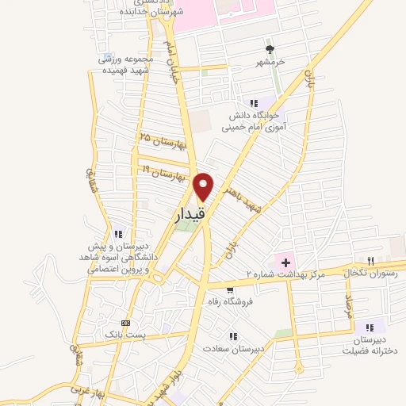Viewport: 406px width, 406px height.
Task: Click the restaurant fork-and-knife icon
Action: [x=370, y=260]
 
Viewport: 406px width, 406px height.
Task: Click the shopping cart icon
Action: [x=230, y=289]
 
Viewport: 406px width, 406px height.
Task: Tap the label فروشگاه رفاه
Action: [x=245, y=302]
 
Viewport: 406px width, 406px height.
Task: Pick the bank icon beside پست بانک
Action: [x=125, y=323]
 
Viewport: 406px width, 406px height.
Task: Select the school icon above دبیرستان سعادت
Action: [x=232, y=335]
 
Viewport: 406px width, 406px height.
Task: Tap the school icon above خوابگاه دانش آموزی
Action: [x=254, y=103]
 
